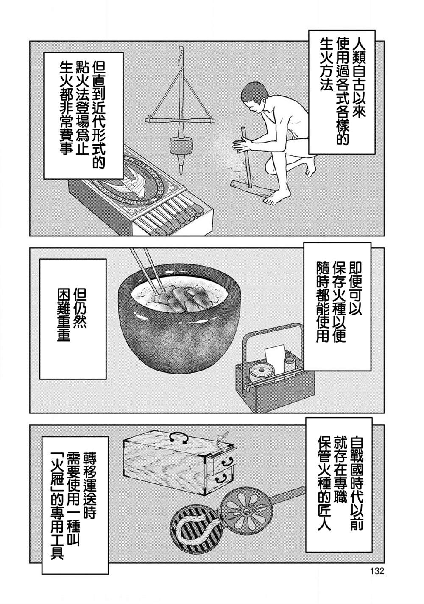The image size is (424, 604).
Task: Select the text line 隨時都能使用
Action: pos(323,305)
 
